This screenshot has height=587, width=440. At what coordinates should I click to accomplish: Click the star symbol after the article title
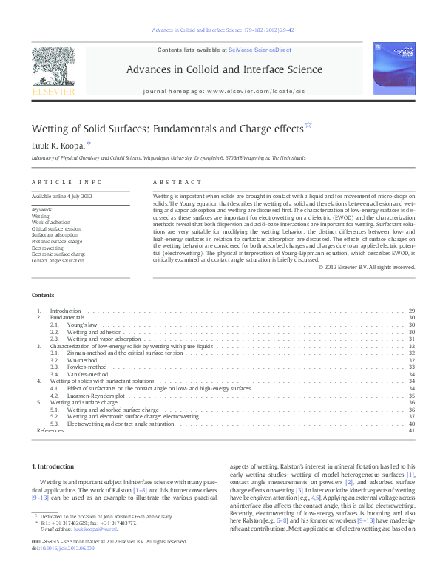[x=308, y=126]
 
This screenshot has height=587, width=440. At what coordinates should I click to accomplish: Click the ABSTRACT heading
[x=177, y=182]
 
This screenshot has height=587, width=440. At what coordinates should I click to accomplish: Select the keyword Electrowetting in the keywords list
[x=47, y=248]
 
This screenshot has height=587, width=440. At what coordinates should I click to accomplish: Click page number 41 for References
[x=412, y=430]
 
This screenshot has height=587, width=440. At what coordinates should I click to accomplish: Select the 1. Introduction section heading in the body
[x=54, y=466]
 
